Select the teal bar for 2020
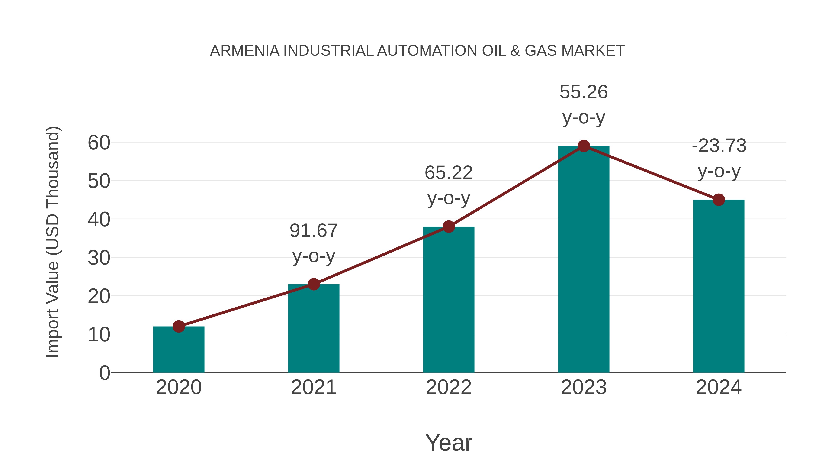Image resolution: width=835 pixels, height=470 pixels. click(179, 350)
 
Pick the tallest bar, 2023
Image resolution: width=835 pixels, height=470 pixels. click(584, 259)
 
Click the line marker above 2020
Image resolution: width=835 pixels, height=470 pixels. click(179, 326)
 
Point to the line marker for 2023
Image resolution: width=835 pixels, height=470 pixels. click(584, 146)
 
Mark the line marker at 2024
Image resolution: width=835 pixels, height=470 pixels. click(719, 200)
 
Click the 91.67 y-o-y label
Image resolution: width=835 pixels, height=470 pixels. click(313, 243)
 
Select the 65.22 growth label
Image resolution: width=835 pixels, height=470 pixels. click(449, 185)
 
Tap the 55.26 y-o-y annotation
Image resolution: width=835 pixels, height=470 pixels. click(584, 104)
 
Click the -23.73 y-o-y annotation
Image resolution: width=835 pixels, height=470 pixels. click(719, 158)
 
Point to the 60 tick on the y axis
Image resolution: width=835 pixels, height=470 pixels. click(99, 143)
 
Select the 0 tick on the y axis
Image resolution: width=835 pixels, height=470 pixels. click(105, 373)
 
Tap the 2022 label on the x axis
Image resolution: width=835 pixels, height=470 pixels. click(449, 388)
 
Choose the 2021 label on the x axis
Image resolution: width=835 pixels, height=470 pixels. click(313, 388)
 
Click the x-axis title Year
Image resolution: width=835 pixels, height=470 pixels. click(449, 443)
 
